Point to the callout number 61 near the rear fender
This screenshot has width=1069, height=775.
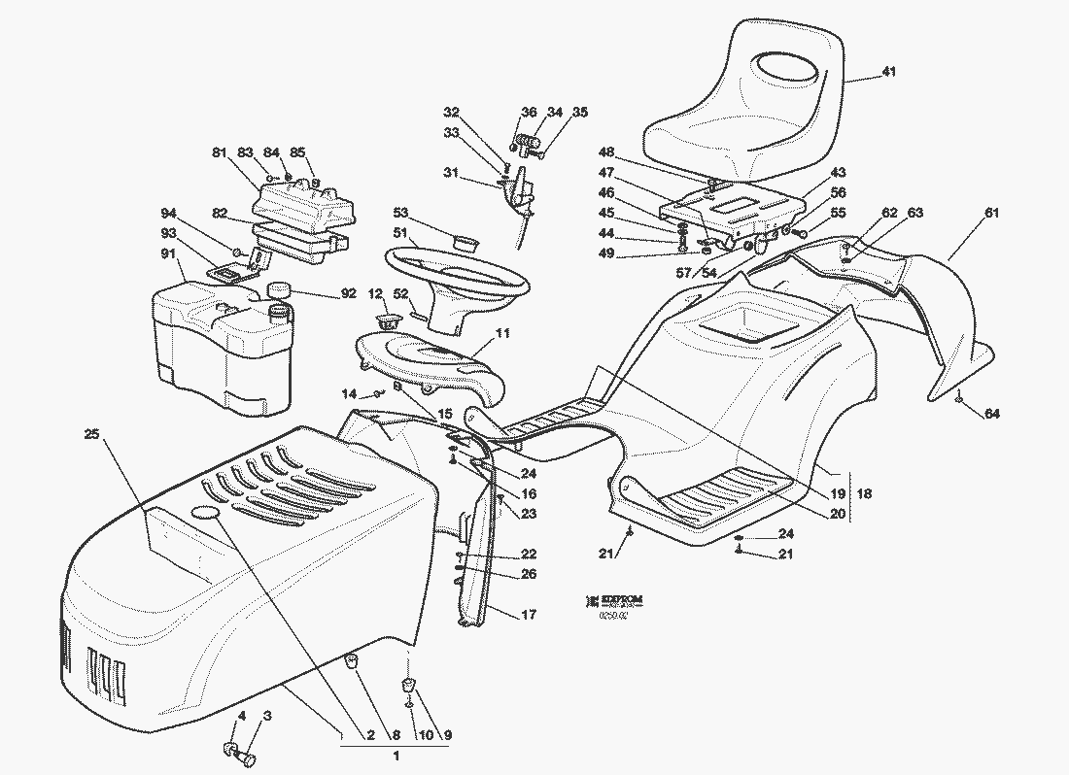click(991, 213)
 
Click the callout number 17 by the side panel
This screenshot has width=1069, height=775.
click(529, 614)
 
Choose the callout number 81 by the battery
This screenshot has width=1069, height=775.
click(219, 152)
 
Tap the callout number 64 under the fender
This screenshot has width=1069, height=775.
click(991, 415)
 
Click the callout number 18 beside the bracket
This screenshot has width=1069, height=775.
click(864, 494)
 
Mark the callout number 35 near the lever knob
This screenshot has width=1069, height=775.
click(579, 113)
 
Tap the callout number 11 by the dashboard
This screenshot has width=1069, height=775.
click(502, 333)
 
